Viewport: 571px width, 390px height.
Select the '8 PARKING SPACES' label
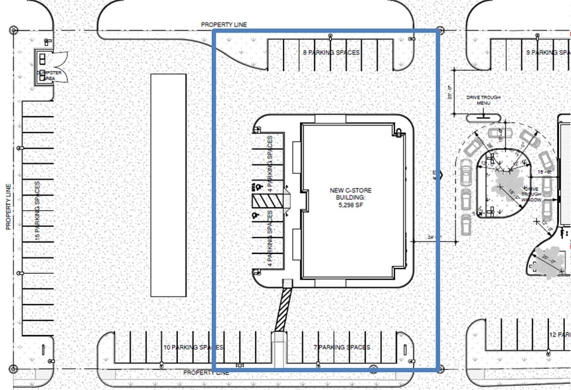click(x=331, y=52)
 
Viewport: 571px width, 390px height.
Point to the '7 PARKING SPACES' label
click(x=341, y=348)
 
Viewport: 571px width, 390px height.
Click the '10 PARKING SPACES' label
click(x=193, y=348)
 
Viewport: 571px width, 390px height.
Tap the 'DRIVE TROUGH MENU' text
click(x=483, y=100)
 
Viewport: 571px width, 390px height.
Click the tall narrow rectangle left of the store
click(x=168, y=184)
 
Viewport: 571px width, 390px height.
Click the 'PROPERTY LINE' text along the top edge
click(x=224, y=25)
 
